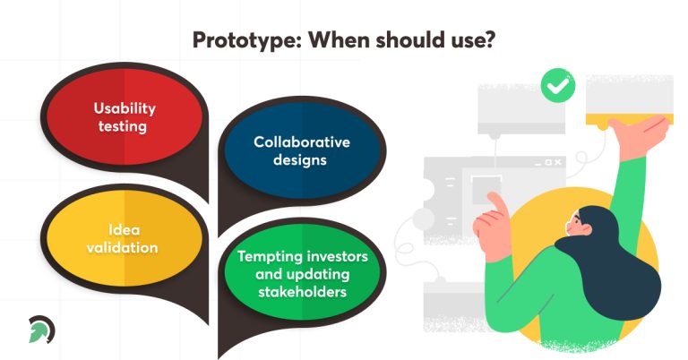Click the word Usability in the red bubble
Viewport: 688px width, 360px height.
pyautogui.click(x=125, y=108)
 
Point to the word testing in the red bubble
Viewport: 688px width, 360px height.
pyautogui.click(x=125, y=126)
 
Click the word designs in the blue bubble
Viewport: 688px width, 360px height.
pyautogui.click(x=301, y=160)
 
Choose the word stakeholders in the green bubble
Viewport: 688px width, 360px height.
pyautogui.click(x=302, y=291)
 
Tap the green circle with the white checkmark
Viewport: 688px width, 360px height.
pyautogui.click(x=558, y=87)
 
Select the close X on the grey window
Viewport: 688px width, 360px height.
pyautogui.click(x=559, y=163)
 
